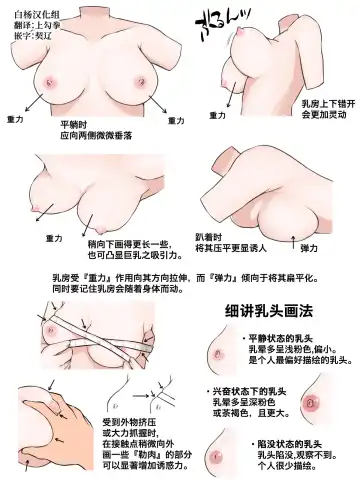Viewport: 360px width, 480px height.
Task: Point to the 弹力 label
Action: coord(309,247)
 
